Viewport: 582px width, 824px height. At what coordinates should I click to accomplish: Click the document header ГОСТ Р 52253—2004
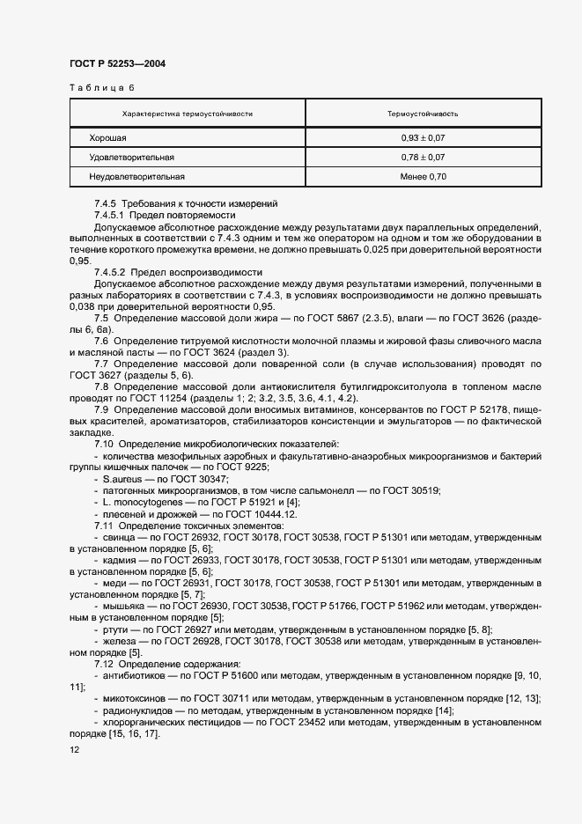pos(116,64)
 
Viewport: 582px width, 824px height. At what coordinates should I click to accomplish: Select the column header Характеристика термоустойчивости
pos(187,114)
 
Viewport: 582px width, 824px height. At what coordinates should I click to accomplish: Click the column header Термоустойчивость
pos(422,114)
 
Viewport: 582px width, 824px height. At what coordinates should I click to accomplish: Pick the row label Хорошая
pos(107,138)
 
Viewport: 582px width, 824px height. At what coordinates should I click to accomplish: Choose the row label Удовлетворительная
pos(131,158)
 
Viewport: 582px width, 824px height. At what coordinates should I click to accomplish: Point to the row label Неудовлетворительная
pos(136,177)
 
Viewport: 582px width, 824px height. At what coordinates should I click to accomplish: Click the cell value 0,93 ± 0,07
pos(422,138)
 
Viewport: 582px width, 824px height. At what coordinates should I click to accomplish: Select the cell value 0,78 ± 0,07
pos(422,158)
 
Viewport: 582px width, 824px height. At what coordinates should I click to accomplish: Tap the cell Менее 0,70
pos(422,177)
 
